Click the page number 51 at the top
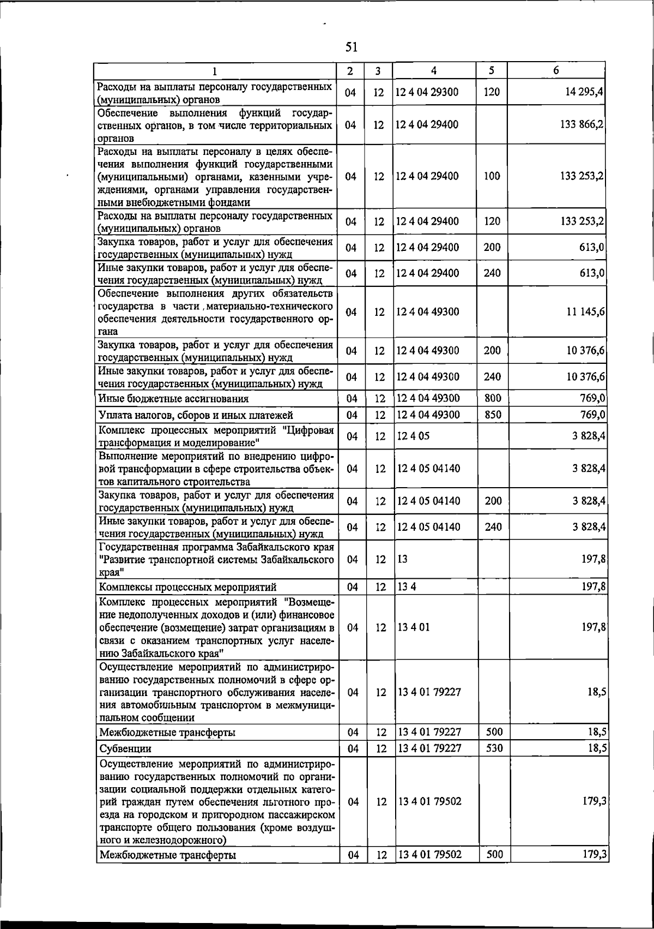click(x=352, y=47)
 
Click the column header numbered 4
click(x=433, y=70)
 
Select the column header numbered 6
click(x=556, y=70)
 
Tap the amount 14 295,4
click(x=584, y=92)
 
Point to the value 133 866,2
click(x=582, y=124)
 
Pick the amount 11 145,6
click(x=584, y=312)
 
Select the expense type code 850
click(x=493, y=415)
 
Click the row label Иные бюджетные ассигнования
click(x=174, y=399)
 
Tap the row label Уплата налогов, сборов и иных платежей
click(x=196, y=416)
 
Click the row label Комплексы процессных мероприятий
click(x=187, y=588)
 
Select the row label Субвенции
click(x=126, y=748)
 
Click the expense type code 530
click(x=494, y=748)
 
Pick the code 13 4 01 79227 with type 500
click(x=429, y=732)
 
